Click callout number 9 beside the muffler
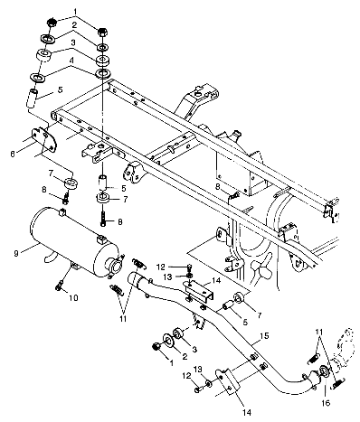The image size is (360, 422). [x=16, y=253]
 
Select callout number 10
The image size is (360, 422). [x=73, y=298]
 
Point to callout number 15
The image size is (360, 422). [x=264, y=336]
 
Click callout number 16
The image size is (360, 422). [x=326, y=402]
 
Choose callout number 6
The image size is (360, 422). [x=13, y=154]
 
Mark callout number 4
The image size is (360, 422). [x=71, y=61]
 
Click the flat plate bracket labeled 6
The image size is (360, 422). [x=44, y=139]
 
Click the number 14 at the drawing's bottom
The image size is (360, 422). [x=246, y=412]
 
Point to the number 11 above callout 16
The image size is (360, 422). [x=319, y=332]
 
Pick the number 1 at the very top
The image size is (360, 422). [x=76, y=12]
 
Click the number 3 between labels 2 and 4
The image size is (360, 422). [x=72, y=43]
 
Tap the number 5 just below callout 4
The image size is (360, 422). [x=61, y=89]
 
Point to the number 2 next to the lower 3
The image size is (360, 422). [x=185, y=357]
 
